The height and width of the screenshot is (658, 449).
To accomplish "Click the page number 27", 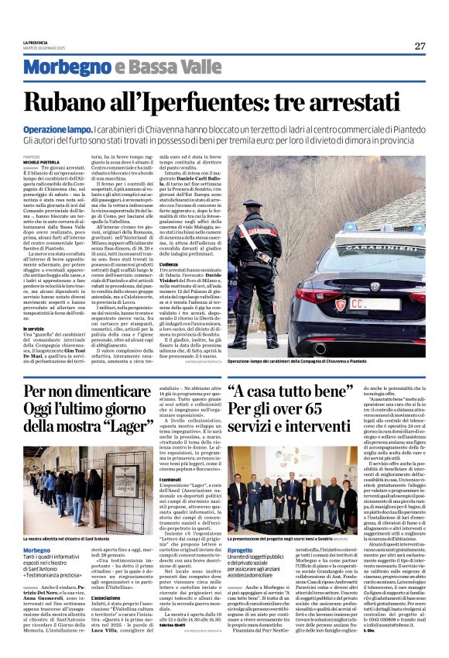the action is tap(420, 46).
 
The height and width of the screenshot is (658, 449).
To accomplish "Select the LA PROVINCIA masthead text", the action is tap(36, 42).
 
